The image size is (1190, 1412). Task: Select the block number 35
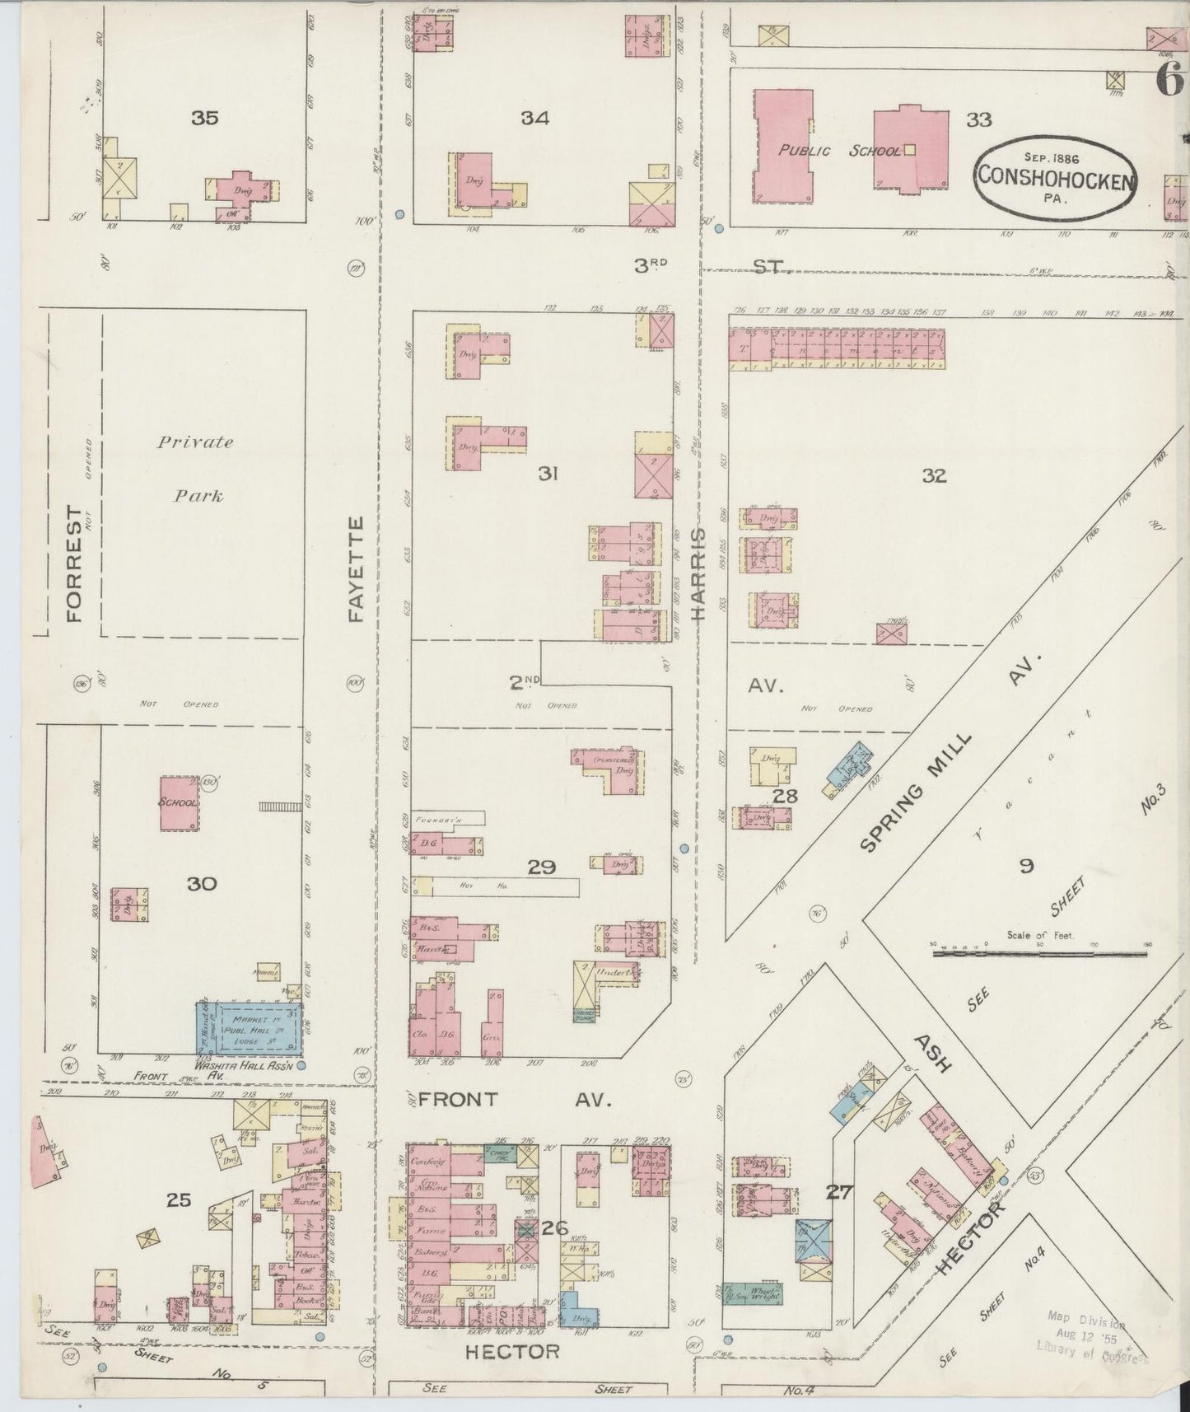pyautogui.click(x=204, y=118)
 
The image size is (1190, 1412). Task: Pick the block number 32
pyautogui.click(x=934, y=475)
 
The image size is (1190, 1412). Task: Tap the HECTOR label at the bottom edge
pyautogui.click(x=511, y=1351)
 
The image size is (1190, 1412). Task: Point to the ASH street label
pyautogui.click(x=934, y=1054)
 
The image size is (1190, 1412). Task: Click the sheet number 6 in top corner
pyautogui.click(x=1167, y=79)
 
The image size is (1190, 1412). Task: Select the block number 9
pyautogui.click(x=1026, y=866)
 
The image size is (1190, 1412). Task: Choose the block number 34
pyautogui.click(x=534, y=118)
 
